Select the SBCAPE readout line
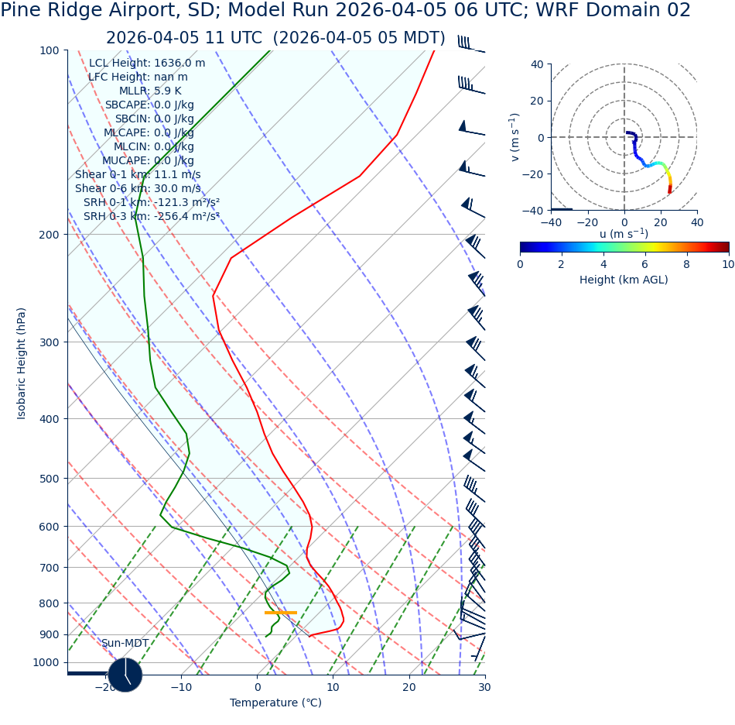coord(149,105)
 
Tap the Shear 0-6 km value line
coord(138,189)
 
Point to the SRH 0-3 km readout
coord(152,217)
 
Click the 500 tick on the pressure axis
coord(50,479)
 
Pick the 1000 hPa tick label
coord(46,663)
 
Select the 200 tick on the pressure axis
coord(50,235)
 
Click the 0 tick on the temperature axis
coord(258,687)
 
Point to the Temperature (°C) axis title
coord(275,703)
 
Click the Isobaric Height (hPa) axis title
coord(22,363)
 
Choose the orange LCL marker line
coord(280,613)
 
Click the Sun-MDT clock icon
coord(125,675)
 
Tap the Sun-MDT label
coord(125,644)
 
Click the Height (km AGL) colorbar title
coord(624,280)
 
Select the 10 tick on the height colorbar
coord(728,264)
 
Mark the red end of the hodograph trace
coord(670,190)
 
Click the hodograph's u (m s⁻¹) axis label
coord(624,234)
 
